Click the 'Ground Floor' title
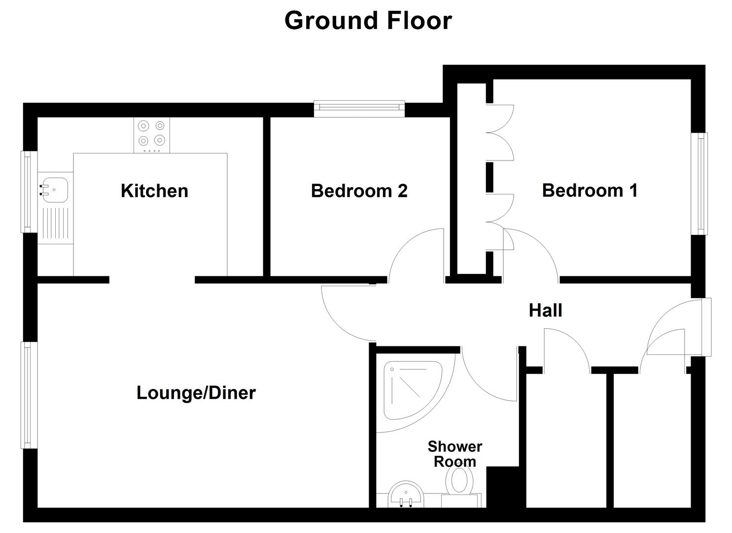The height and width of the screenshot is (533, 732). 368,21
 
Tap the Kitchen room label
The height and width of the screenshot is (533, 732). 154,191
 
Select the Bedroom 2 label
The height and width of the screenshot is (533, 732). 359,191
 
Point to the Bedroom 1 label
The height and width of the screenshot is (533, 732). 590,190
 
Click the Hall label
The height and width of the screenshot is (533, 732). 545,310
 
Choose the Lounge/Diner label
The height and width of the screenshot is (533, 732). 196,393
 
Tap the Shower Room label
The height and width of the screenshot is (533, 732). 454,454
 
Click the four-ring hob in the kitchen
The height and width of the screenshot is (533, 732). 151,134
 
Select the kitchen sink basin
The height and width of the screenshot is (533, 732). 54,189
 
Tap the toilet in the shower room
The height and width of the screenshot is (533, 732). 460,482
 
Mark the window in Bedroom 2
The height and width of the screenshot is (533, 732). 359,109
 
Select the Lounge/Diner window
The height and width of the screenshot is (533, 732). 29,395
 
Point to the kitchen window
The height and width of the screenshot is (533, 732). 29,191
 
